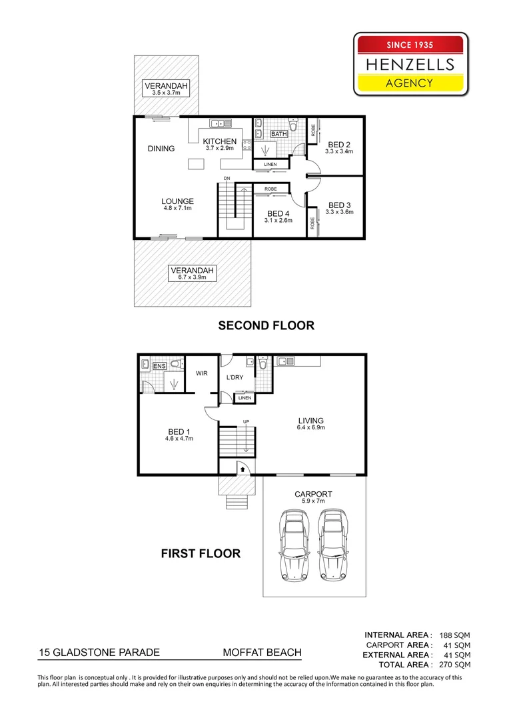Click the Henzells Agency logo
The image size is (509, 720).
click(411, 65)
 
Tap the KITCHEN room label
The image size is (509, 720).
click(220, 141)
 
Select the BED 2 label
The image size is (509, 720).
click(339, 145)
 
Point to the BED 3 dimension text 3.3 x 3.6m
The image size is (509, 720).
click(339, 212)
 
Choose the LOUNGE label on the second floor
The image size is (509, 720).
click(177, 201)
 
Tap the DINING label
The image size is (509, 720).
click(161, 149)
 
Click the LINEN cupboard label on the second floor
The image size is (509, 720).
click(270, 164)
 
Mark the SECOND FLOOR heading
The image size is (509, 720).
click(266, 325)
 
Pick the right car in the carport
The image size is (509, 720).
click(332, 545)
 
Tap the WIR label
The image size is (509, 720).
click(202, 374)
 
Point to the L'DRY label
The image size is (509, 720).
click(235, 378)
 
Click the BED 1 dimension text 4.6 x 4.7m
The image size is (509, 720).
click(179, 439)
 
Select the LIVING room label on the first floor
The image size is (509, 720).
click(310, 421)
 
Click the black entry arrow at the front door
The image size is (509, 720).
click(242, 469)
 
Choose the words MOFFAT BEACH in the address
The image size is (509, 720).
click(262, 653)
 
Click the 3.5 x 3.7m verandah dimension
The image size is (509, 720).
click(166, 93)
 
